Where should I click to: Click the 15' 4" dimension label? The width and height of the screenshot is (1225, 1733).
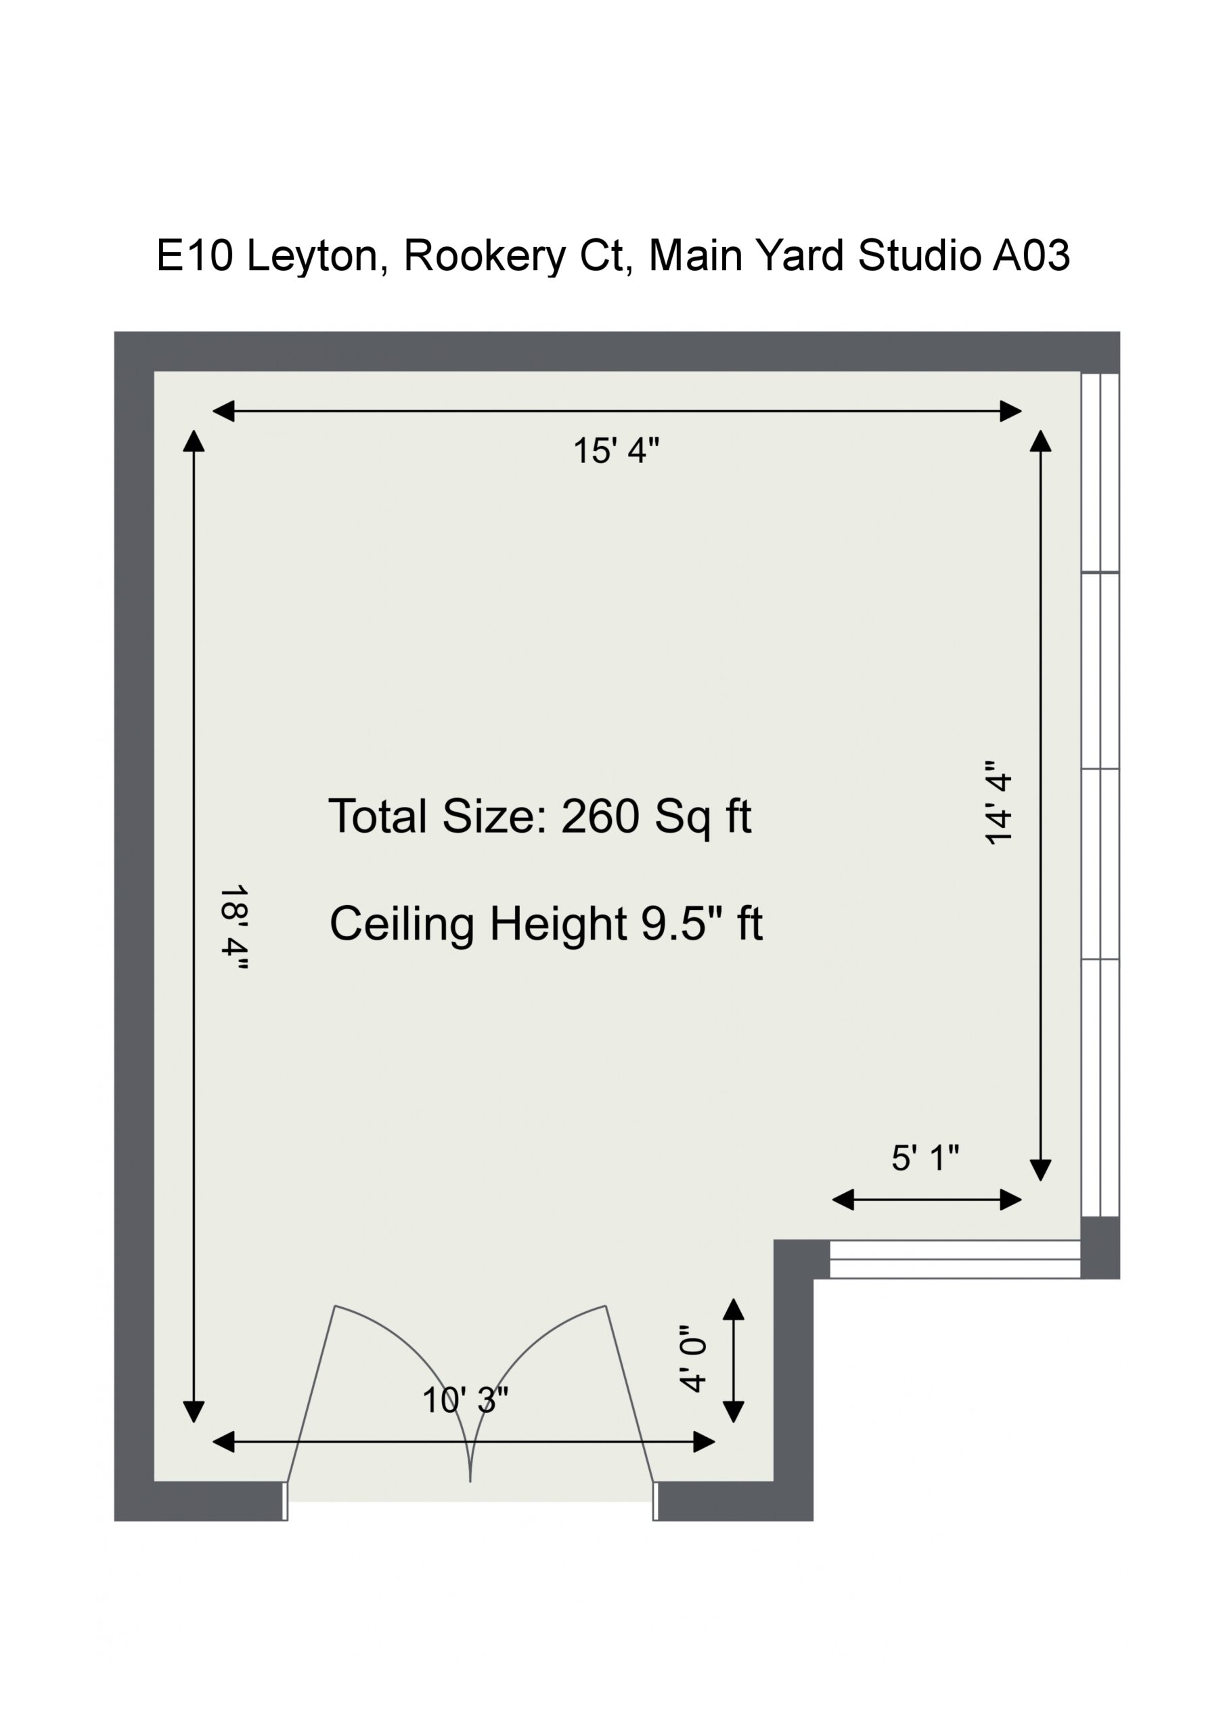[x=616, y=451]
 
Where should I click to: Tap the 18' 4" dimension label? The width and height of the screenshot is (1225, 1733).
[x=234, y=931]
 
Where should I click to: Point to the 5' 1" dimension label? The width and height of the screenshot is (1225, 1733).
[x=925, y=1158]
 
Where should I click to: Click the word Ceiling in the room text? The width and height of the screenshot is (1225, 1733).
[x=402, y=924]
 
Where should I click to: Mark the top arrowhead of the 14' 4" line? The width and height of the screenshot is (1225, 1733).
[x=1041, y=441]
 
